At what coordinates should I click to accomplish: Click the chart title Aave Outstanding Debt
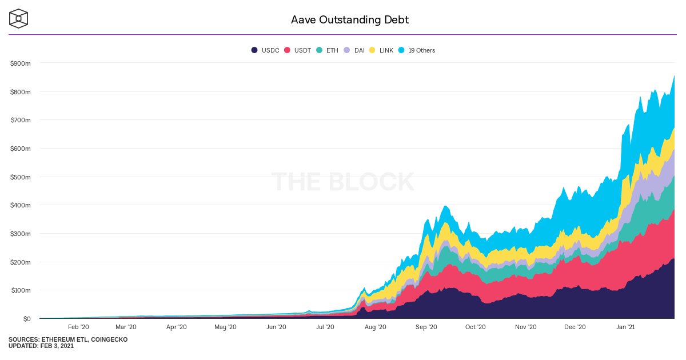(x=350, y=20)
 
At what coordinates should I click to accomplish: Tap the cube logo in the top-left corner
(x=19, y=19)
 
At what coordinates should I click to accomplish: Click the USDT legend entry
(x=298, y=50)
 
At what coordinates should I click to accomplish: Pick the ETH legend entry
(x=328, y=50)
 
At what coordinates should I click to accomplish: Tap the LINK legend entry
(x=381, y=50)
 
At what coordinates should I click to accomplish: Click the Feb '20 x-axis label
(x=78, y=327)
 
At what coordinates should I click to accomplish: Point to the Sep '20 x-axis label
(x=426, y=327)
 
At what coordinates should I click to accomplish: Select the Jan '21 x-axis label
(x=625, y=327)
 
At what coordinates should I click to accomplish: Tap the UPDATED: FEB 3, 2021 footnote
(x=41, y=346)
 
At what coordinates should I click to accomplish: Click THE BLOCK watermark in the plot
(x=342, y=182)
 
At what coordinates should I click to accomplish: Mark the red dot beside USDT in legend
(x=287, y=50)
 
